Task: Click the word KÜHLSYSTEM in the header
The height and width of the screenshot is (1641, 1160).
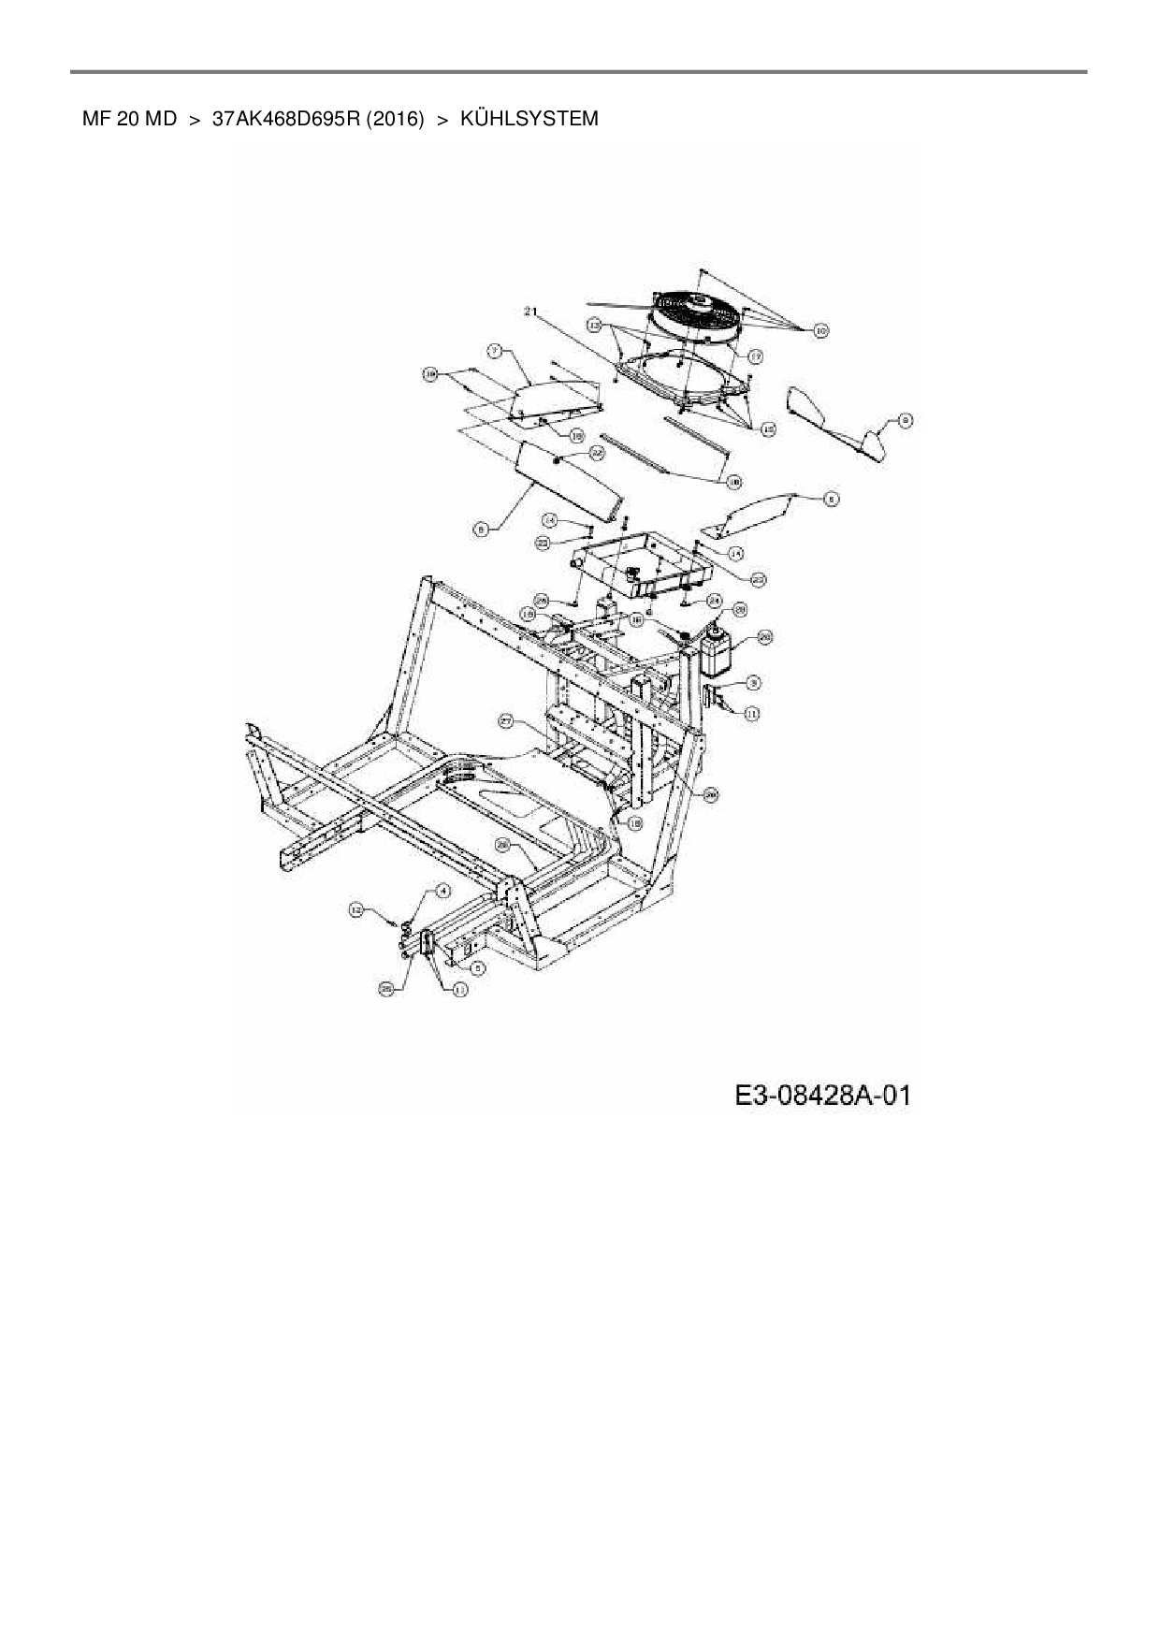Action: (x=529, y=120)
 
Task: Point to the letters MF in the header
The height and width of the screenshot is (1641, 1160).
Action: (x=96, y=120)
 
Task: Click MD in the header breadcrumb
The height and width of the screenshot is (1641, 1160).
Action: (x=160, y=120)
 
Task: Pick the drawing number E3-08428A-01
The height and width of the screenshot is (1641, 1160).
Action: (x=822, y=1095)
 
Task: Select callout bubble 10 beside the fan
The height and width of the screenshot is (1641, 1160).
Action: (x=820, y=330)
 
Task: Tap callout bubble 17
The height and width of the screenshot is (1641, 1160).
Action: (x=754, y=356)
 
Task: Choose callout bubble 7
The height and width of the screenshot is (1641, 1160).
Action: (x=496, y=350)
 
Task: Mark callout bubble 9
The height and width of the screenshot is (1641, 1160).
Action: (x=905, y=421)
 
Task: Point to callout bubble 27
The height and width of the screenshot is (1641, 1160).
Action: (x=506, y=721)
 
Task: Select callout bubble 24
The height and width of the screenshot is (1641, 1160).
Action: (x=714, y=600)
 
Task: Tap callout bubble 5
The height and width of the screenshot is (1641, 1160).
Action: (x=477, y=968)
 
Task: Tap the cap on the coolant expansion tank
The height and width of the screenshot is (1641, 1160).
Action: (x=718, y=629)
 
